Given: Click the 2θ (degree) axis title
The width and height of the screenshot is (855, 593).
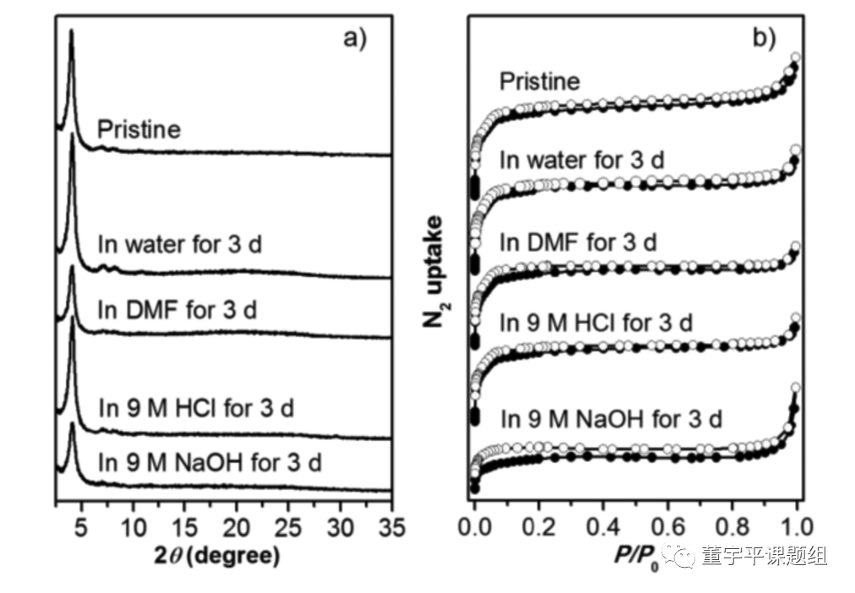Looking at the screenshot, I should [x=221, y=557].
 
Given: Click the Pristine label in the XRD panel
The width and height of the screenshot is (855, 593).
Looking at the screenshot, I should [x=139, y=130].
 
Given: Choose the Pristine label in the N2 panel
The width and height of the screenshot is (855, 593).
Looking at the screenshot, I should [x=540, y=81].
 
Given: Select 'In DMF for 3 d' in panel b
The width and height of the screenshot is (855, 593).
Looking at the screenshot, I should [x=578, y=242].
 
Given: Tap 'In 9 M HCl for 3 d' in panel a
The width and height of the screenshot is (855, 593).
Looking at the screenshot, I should [x=196, y=409].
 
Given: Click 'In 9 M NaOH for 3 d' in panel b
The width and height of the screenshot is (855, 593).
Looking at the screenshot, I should [x=611, y=418].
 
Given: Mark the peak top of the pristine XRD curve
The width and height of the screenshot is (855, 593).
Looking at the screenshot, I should [x=72, y=32].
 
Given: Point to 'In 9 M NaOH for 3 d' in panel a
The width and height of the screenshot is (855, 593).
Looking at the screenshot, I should [x=210, y=462].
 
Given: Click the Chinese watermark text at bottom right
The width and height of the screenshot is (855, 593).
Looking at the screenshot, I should [x=762, y=556].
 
